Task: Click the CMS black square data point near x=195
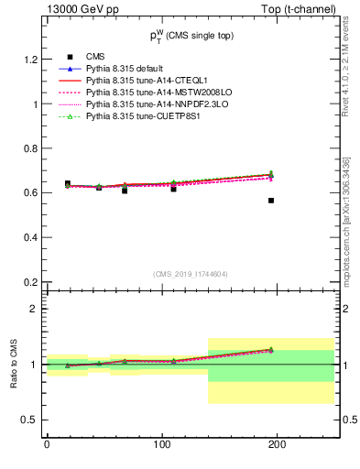coord(271,200)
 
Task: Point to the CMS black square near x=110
coord(173,189)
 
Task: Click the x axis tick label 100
coord(161,444)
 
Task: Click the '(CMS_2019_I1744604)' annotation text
coord(191,273)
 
